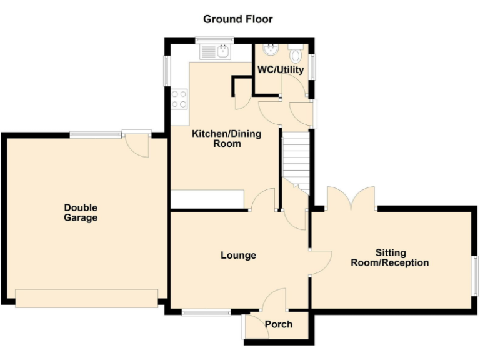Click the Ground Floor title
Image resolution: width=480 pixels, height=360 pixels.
click(x=238, y=19)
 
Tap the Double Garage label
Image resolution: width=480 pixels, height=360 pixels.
click(x=81, y=213)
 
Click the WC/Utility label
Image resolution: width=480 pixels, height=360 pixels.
click(x=281, y=69)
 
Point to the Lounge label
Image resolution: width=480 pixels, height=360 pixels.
click(x=238, y=255)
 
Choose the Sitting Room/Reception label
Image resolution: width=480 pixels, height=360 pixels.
click(x=390, y=258)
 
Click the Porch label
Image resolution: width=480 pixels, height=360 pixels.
click(x=279, y=324)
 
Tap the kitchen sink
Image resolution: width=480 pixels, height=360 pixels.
click(x=222, y=52)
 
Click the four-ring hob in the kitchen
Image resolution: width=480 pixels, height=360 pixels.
click(x=179, y=99)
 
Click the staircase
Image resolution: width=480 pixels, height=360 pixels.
click(x=297, y=159)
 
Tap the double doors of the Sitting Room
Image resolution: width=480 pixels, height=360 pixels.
click(x=351, y=199)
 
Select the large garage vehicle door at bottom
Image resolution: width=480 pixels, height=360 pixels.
click(x=87, y=298)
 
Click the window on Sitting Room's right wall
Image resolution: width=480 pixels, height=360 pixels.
click(x=475, y=274)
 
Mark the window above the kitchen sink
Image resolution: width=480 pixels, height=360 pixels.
click(x=214, y=41)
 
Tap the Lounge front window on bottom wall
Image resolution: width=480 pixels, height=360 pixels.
click(x=206, y=312)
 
